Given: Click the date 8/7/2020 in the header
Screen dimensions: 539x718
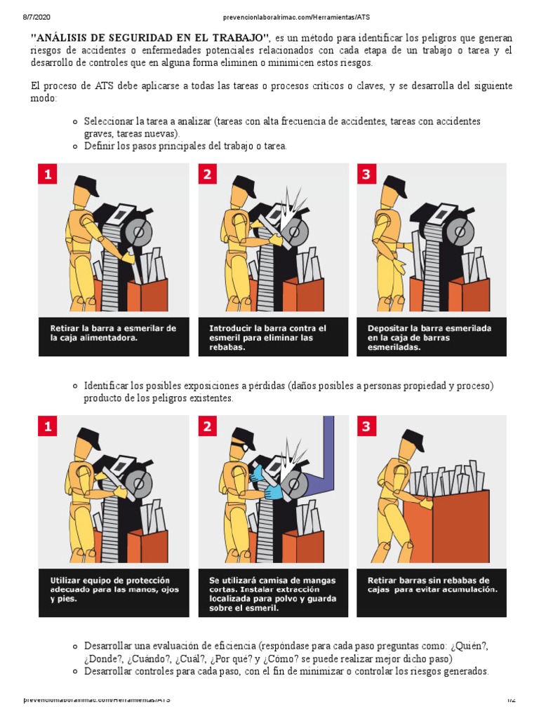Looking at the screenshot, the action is (x=36, y=18).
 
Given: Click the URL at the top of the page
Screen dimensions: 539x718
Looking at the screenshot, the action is (x=296, y=18).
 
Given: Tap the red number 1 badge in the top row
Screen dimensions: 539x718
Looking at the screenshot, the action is (x=48, y=174).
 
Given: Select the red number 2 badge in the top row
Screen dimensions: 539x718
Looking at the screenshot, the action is (x=207, y=174).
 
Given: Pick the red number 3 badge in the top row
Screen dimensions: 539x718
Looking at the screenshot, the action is (x=366, y=174).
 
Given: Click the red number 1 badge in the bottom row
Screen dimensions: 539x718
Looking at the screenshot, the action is (x=48, y=426).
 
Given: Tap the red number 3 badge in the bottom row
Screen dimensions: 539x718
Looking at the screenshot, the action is (x=366, y=426).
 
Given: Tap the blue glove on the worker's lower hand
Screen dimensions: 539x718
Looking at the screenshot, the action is (x=274, y=492).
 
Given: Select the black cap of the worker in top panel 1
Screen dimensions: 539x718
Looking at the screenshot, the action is (x=86, y=185).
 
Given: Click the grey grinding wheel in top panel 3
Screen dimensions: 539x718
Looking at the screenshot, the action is (x=459, y=231).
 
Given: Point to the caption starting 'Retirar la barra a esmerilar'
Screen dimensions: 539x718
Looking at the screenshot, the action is (x=113, y=333).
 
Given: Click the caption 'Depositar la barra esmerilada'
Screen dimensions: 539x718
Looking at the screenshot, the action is (x=429, y=337).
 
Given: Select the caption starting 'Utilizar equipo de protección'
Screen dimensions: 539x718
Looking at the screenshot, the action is (x=114, y=589).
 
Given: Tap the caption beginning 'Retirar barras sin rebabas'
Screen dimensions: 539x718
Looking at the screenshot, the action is (x=432, y=585).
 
